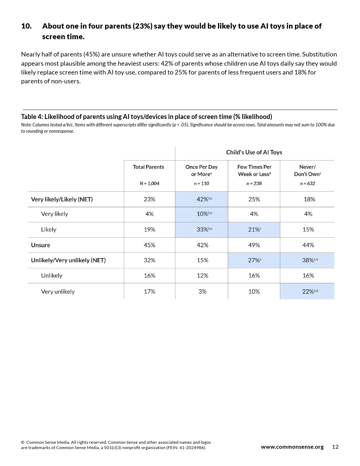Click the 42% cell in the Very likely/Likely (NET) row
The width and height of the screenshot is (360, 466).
pos(204,199)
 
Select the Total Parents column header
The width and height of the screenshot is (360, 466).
pos(148,167)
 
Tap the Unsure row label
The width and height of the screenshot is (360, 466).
pos(41,245)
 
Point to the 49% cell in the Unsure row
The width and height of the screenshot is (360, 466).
pos(254,245)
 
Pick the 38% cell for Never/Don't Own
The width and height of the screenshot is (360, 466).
pos(310,260)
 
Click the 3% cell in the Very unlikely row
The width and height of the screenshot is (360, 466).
pos(202,292)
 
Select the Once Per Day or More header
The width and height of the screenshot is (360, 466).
pos(202,171)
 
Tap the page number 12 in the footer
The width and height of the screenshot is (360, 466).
pos(335,447)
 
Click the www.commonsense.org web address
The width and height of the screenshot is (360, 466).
pos(292,447)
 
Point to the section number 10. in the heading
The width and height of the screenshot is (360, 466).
pos(26,26)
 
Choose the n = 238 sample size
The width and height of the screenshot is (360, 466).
pos(254,184)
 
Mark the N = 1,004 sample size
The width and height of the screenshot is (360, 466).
pos(149,184)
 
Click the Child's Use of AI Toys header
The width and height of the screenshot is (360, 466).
pos(254,152)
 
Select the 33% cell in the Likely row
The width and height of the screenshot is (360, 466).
pos(204,229)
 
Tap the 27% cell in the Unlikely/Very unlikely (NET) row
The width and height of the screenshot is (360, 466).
pos(254,260)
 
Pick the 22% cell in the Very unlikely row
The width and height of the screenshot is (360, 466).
pos(310,292)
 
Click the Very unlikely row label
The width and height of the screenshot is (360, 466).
pos(58,292)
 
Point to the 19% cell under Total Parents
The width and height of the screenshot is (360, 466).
pos(149,229)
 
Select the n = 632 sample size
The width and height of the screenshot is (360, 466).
pos(307,184)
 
